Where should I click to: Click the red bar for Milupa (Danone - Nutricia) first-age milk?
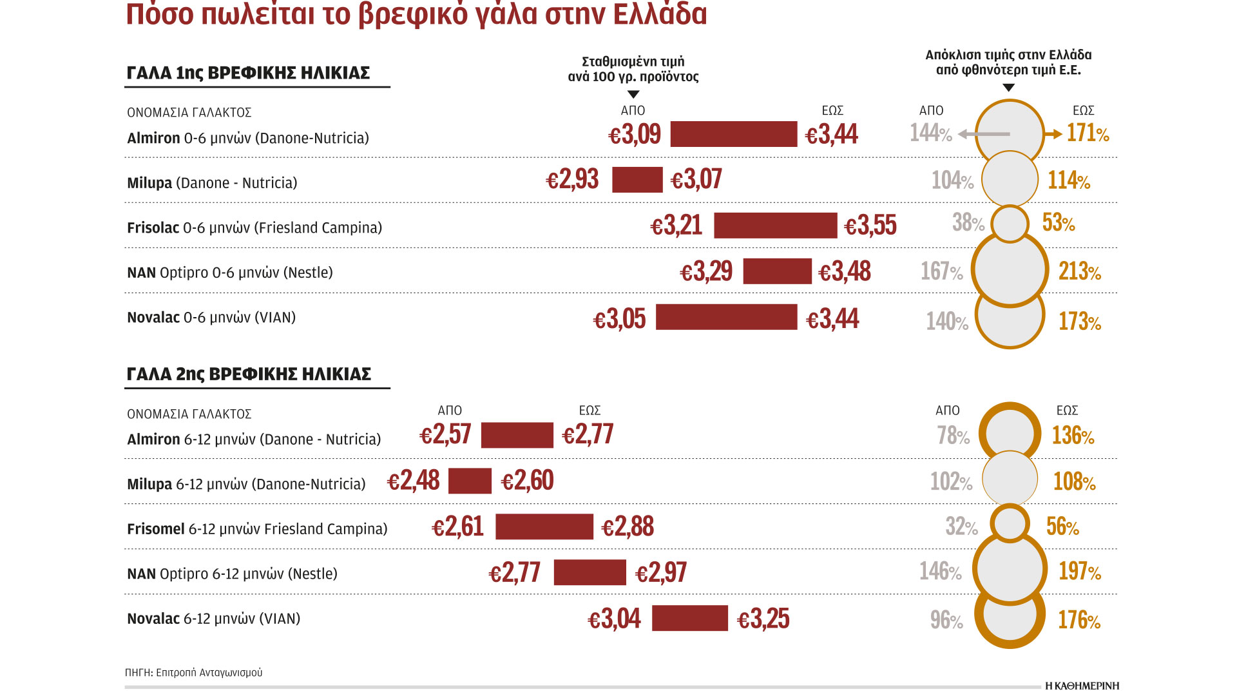click(x=637, y=180)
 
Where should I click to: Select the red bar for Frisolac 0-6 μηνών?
click(x=775, y=226)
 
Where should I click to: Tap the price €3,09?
click(x=635, y=134)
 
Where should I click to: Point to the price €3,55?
click(x=870, y=226)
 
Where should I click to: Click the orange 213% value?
click(x=1079, y=271)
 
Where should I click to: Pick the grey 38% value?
click(x=968, y=223)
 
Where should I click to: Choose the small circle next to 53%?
click(x=1010, y=224)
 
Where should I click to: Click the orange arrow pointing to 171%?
click(x=1053, y=134)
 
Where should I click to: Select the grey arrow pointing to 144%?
click(x=983, y=134)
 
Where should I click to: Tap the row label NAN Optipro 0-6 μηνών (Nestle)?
click(x=230, y=273)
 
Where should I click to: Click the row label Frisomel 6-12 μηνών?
click(x=257, y=529)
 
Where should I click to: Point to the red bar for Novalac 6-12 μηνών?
click(x=689, y=618)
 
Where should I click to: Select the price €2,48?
click(x=414, y=481)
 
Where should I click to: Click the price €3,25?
click(x=763, y=619)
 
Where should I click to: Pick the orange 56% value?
click(x=1062, y=527)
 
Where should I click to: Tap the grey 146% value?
click(x=940, y=571)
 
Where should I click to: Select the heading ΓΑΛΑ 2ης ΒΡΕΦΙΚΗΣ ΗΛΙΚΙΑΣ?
click(x=249, y=374)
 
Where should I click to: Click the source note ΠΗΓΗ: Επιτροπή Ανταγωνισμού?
click(x=193, y=672)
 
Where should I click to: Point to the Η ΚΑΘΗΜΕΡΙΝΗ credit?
click(x=1082, y=686)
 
